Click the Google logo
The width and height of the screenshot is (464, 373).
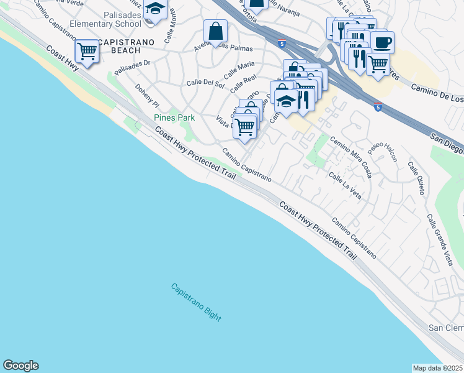pyautogui.click(x=20, y=366)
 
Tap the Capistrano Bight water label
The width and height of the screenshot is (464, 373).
pyautogui.click(x=196, y=302)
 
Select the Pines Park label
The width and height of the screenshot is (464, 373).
pyautogui.click(x=174, y=117)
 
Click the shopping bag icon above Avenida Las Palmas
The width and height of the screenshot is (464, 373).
pyautogui.click(x=215, y=30)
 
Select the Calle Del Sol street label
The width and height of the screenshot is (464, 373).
pyautogui.click(x=205, y=83)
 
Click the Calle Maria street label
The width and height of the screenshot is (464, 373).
pyautogui.click(x=239, y=67)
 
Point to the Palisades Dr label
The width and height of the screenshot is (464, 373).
pyautogui.click(x=132, y=63)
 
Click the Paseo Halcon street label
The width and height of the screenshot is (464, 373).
pyautogui.click(x=382, y=151)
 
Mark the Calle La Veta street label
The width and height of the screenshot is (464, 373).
pyautogui.click(x=345, y=182)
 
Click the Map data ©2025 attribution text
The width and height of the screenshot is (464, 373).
pyautogui.click(x=438, y=368)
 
